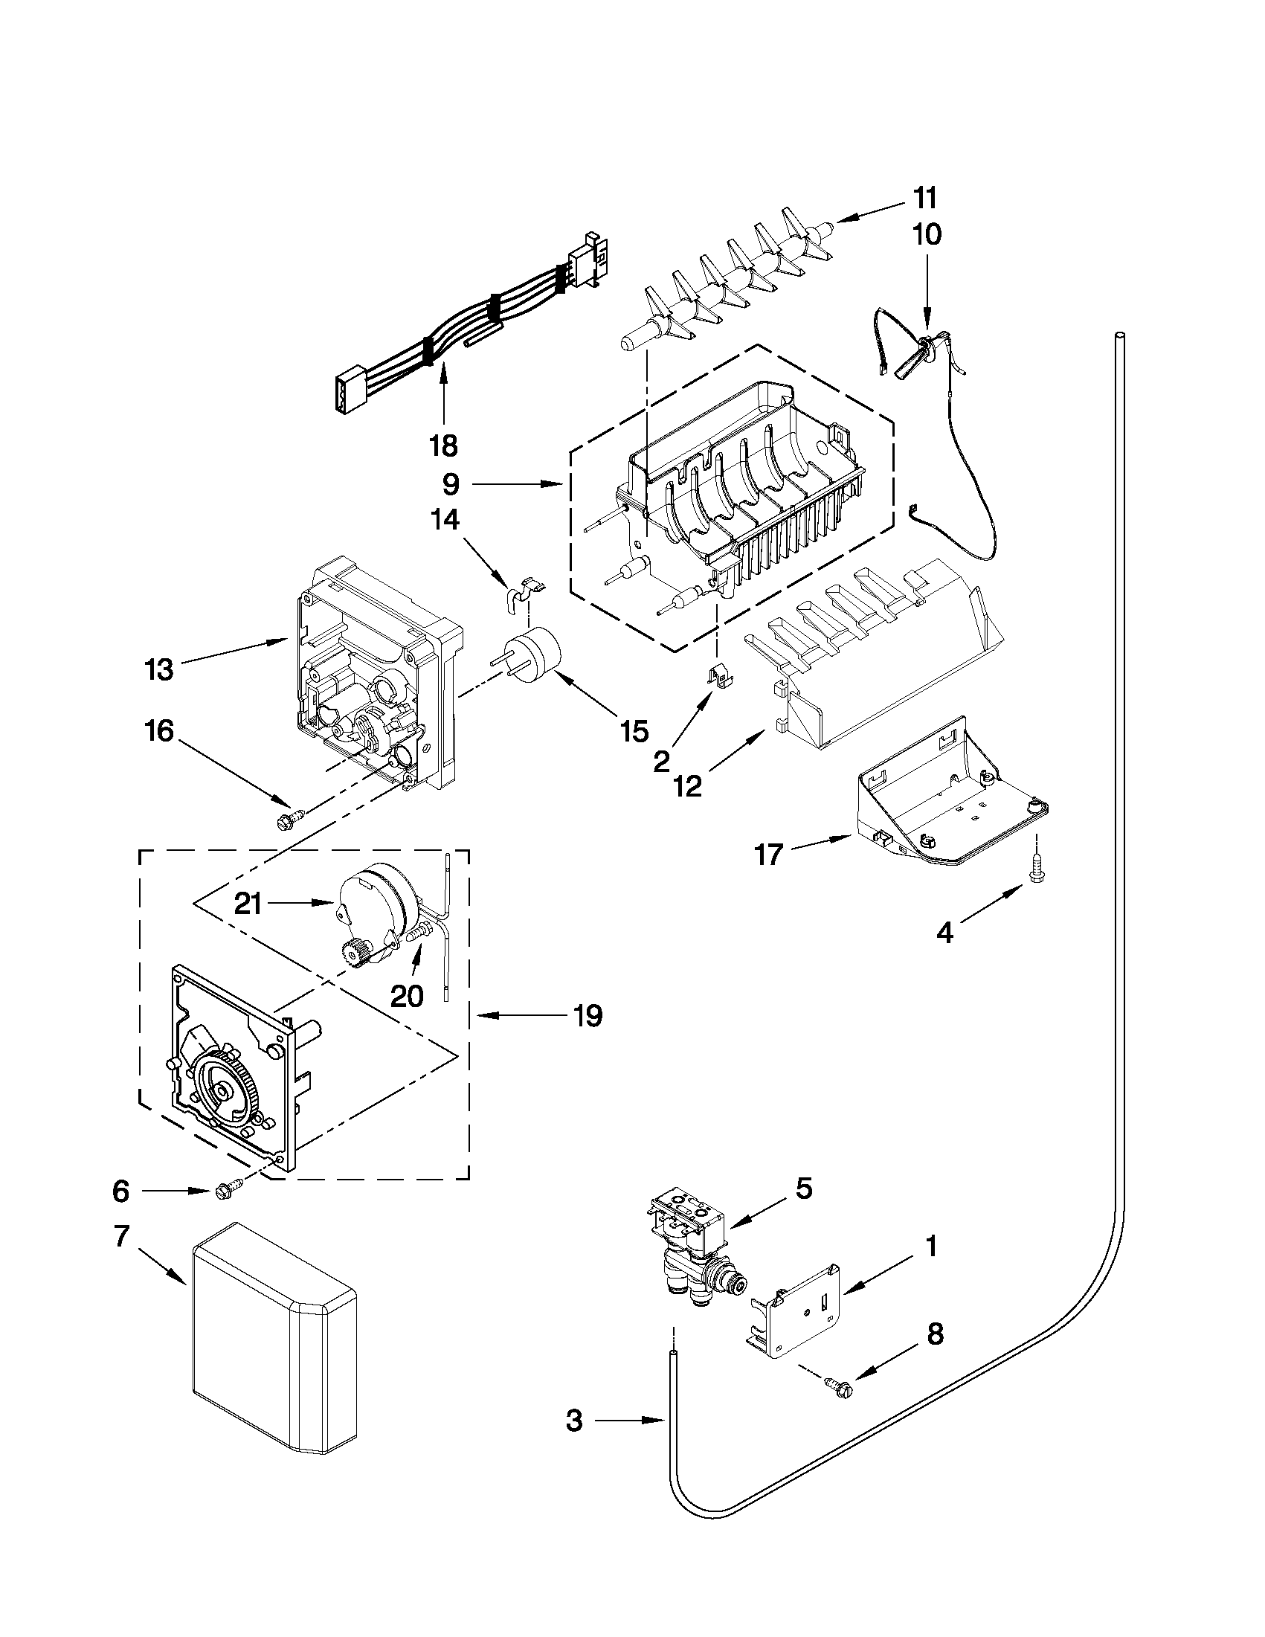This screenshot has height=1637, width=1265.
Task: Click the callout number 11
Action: coord(925,199)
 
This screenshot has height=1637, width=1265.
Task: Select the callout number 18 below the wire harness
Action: coord(444,446)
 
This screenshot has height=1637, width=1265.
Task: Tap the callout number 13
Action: coord(159,669)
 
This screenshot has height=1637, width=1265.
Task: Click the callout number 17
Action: coord(769,854)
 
